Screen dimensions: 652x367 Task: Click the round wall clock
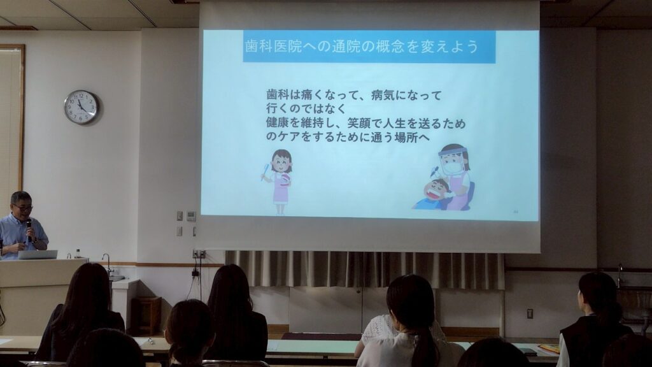[81, 107]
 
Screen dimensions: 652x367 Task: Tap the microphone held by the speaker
[29, 229]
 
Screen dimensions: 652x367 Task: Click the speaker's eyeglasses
[22, 207]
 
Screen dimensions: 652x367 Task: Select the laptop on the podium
[38, 255]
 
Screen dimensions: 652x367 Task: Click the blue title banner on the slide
[369, 46]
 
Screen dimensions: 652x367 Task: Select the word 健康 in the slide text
[277, 123]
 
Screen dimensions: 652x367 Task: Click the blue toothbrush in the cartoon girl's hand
[265, 172]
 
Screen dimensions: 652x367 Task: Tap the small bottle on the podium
[77, 254]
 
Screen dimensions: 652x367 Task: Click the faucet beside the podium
[107, 262]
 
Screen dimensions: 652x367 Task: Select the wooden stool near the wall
[146, 315]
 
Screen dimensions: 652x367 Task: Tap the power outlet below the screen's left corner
[199, 254]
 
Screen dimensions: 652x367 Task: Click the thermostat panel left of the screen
[191, 216]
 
